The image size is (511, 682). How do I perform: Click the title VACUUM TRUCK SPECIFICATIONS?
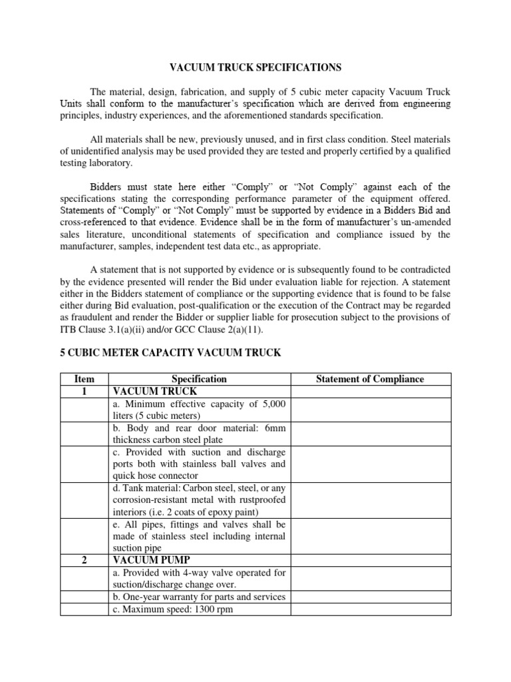[255, 67]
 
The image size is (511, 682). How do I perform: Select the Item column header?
[85, 379]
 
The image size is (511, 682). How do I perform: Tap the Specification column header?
[199, 379]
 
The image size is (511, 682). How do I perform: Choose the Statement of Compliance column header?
[369, 379]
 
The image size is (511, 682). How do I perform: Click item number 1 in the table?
[85, 392]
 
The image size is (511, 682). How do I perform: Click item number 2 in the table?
[85, 561]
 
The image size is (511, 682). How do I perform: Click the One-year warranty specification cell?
[199, 597]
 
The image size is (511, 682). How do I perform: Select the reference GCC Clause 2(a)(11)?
[227, 328]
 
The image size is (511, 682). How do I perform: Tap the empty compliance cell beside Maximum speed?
[369, 609]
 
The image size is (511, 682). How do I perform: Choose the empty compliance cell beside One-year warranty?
[369, 597]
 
